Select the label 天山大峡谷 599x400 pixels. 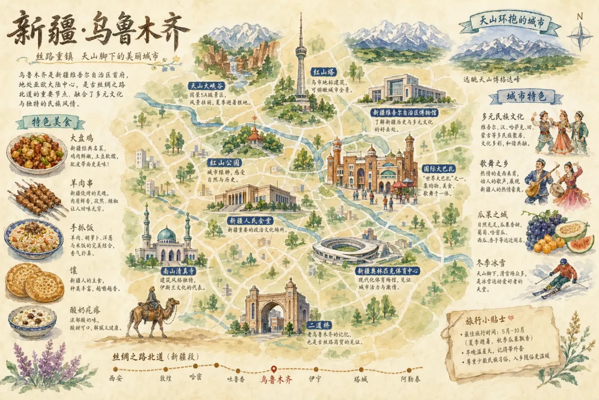(x=206, y=86)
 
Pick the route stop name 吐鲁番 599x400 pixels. (x=236, y=379)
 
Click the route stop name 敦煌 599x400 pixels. (x=166, y=378)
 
